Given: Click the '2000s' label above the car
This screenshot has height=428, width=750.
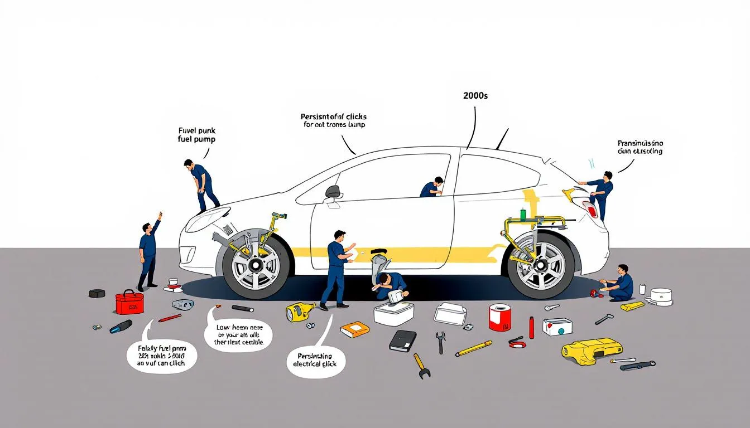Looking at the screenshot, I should click(475, 96).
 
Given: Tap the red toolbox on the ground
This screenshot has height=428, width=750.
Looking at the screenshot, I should click(129, 302).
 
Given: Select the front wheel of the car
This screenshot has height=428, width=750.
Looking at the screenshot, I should click(256, 264).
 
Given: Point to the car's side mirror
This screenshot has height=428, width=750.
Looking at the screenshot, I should click(334, 192).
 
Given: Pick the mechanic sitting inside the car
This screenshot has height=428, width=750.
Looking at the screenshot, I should click(432, 188).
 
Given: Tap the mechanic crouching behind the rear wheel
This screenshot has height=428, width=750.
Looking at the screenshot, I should click(619, 284).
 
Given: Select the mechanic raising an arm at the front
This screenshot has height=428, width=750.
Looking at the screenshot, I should click(148, 251).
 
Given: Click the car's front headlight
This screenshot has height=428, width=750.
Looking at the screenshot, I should click(207, 218).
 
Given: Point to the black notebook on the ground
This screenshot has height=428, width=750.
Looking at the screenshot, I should click(403, 340).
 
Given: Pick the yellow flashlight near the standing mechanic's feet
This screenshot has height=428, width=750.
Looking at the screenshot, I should click(300, 312).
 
